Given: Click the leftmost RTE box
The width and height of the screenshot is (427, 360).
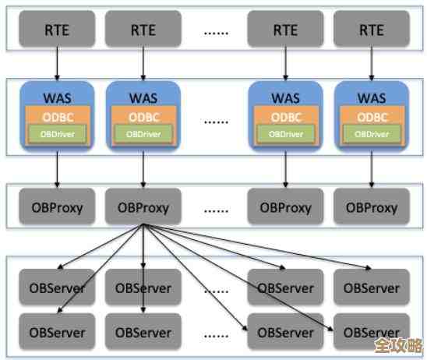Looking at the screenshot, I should [x=57, y=30].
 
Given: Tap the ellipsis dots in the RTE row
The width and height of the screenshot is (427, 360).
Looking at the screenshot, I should [x=215, y=32].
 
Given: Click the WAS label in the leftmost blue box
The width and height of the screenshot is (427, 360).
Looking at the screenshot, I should [x=57, y=99].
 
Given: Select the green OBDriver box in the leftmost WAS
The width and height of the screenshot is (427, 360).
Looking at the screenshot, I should [x=57, y=133].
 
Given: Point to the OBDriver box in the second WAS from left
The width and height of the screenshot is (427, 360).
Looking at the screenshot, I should [x=143, y=133].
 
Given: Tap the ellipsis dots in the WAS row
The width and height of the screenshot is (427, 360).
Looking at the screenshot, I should [x=215, y=120].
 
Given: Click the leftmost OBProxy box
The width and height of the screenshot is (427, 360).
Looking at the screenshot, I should [x=57, y=208].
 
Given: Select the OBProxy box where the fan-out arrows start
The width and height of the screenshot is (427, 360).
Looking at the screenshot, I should [x=143, y=208].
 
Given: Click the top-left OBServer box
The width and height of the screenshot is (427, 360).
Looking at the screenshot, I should [x=57, y=288].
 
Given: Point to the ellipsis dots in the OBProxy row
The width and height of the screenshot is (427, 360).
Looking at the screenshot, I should [x=215, y=209].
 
